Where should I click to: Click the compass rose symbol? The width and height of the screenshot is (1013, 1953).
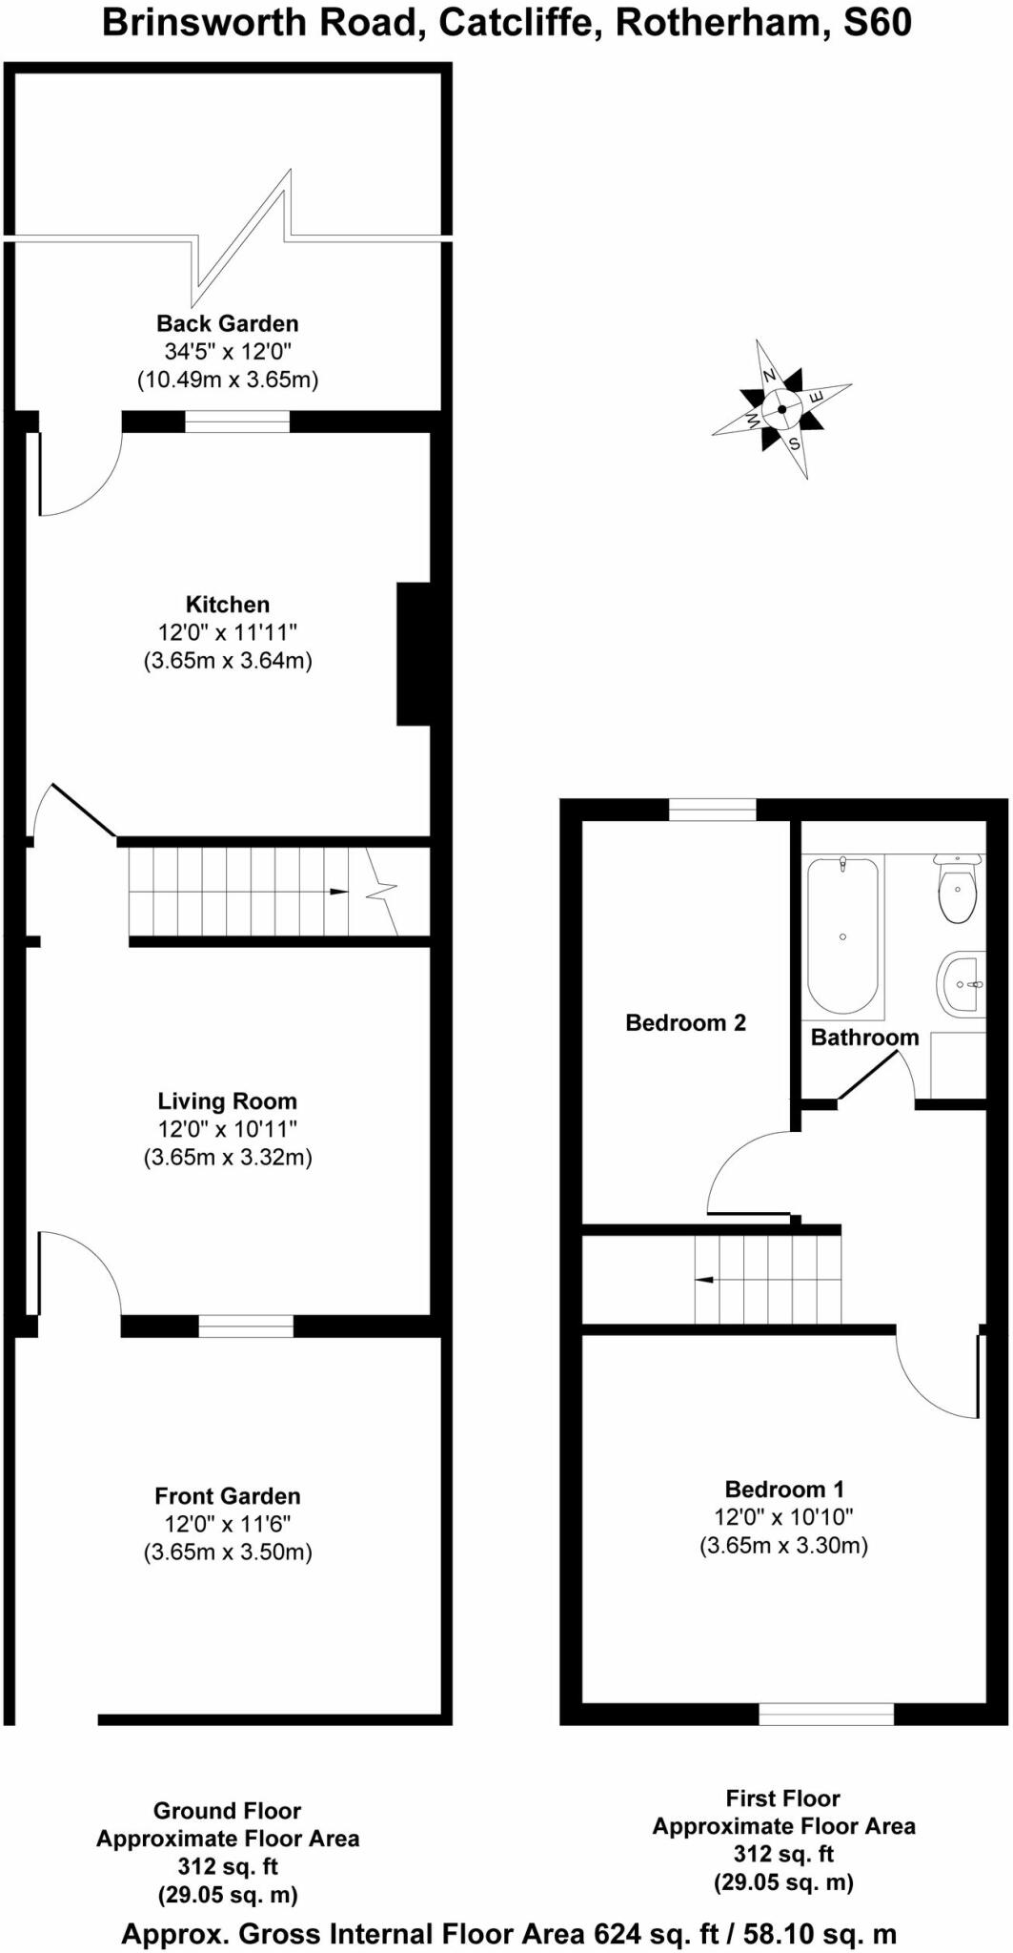(782, 409)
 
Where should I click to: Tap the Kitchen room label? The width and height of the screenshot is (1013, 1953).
(228, 605)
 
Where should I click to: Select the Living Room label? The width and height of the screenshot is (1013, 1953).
(228, 1101)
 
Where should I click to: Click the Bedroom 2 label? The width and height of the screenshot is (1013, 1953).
(685, 1023)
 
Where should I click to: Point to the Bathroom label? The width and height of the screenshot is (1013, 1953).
(864, 1038)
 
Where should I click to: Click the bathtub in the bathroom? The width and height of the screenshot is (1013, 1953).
(842, 935)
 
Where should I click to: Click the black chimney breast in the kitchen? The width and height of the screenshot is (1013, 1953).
(414, 654)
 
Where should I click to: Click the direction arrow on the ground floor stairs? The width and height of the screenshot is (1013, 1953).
(337, 892)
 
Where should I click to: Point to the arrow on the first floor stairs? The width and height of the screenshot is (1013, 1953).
(704, 1280)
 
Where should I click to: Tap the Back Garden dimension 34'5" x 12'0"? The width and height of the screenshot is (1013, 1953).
(228, 352)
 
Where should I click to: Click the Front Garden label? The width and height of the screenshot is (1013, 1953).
(228, 1496)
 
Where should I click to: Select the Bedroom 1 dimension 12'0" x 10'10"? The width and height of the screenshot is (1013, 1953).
(783, 1517)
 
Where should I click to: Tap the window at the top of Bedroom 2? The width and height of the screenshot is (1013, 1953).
(712, 811)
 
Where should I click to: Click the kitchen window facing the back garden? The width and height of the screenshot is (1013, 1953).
(236, 421)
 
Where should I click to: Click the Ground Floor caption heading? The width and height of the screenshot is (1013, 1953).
(228, 1811)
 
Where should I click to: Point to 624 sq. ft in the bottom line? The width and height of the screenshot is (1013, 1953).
(657, 1934)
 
